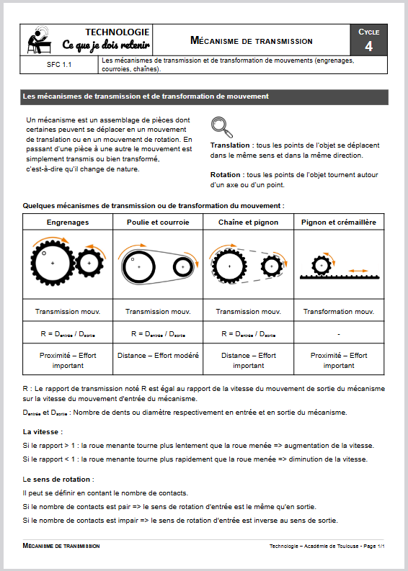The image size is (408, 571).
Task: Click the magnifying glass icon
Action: [x=222, y=127]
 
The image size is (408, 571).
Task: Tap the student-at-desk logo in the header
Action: [x=39, y=40]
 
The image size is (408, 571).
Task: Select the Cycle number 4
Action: [x=368, y=46]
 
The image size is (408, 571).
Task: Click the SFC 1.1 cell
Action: [x=59, y=65]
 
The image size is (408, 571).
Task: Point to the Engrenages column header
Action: [x=68, y=222]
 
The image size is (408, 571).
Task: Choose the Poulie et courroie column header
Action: [x=158, y=222]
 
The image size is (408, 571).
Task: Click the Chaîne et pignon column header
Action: [x=248, y=222]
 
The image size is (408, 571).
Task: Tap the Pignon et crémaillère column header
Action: [x=339, y=222]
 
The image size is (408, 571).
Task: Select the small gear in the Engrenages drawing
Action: [x=89, y=263]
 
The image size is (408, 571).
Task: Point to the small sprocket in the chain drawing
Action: [x=272, y=266]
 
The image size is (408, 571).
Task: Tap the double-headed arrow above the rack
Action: [x=358, y=271]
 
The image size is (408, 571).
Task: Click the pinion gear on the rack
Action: [x=321, y=266]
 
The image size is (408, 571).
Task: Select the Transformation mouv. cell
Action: [x=339, y=312]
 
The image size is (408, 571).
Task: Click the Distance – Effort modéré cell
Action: [x=158, y=356]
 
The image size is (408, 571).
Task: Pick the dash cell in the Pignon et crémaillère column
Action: [x=339, y=334]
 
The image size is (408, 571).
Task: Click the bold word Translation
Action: [x=230, y=145]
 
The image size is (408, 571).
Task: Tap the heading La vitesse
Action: [x=43, y=432]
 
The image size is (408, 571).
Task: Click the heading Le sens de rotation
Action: [x=58, y=480]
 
